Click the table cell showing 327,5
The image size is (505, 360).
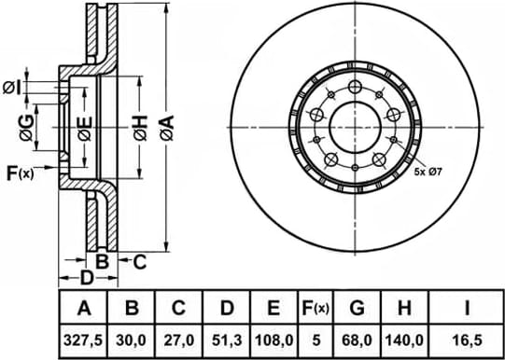(x=83, y=340)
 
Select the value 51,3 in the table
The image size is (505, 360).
(x=227, y=340)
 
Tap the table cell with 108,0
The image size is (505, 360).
(x=274, y=340)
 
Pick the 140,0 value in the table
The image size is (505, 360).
(x=404, y=340)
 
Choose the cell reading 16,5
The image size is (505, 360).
(x=467, y=340)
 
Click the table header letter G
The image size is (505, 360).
(x=357, y=308)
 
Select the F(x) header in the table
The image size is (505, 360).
(x=316, y=308)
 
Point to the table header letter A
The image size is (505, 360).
(x=83, y=308)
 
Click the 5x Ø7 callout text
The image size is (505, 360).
(x=428, y=173)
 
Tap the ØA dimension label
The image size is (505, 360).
(x=167, y=128)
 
